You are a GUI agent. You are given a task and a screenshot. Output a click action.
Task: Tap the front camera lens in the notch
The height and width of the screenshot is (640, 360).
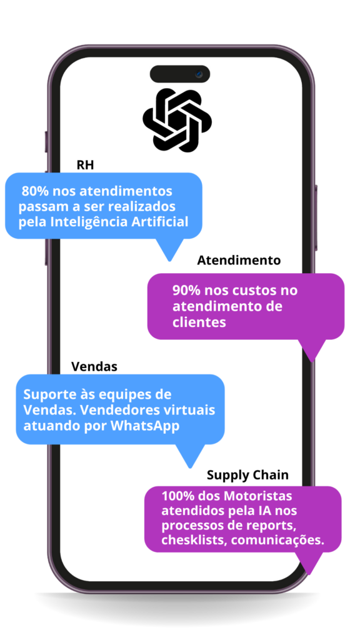(x=199, y=74)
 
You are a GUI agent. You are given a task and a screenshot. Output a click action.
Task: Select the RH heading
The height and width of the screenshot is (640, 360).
(x=85, y=165)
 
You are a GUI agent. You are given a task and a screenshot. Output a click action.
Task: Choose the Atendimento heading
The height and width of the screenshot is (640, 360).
(x=239, y=261)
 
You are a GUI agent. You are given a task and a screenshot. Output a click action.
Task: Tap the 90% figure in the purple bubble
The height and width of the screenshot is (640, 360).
(x=186, y=291)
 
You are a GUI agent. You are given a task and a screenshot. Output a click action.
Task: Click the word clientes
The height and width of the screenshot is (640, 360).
(x=199, y=322)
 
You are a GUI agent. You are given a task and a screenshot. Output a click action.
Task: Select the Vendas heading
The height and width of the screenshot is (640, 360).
(x=94, y=366)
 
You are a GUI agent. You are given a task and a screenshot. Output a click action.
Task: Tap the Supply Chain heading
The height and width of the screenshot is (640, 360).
(x=247, y=475)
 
